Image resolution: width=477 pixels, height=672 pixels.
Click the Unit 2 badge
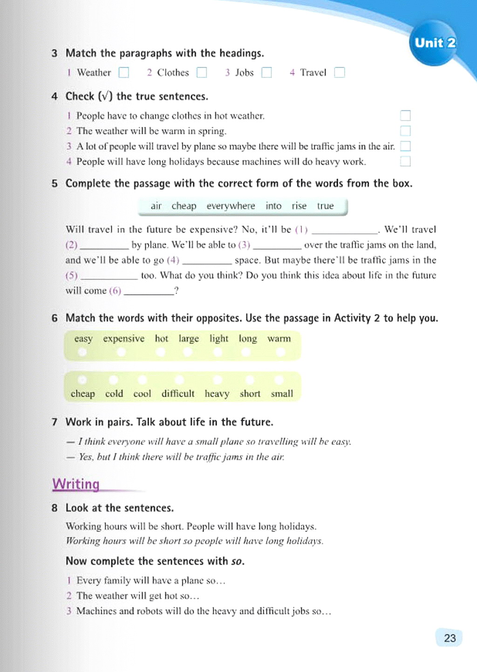coord(435,43)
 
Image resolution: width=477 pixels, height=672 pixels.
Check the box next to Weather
coord(123,73)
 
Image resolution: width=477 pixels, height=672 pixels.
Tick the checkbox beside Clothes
coord(202,73)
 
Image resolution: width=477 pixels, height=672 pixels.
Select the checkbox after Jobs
coord(266,73)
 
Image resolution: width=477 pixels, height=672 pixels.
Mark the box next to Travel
coord(340,73)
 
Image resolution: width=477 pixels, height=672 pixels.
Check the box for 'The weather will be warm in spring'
coord(405,131)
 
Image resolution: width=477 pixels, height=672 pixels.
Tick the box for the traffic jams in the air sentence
coord(405,146)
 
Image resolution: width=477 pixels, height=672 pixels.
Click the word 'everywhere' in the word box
coord(231,206)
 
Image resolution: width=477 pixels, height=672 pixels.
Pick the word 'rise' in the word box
coord(299,206)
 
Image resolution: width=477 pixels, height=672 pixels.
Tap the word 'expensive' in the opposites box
coord(123,339)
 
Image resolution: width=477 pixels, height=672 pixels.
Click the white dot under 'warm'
coord(280,353)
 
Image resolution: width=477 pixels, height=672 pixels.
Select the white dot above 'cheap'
coord(82,379)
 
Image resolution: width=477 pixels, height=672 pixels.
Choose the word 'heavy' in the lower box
coord(217,394)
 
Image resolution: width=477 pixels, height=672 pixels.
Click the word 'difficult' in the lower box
coord(177,394)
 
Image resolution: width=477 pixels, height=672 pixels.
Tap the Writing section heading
coord(76,484)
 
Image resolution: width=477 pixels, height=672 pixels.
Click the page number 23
coord(450,638)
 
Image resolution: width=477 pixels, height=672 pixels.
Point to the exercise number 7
coord(55,422)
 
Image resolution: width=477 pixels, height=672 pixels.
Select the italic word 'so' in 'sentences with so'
coord(237,561)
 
